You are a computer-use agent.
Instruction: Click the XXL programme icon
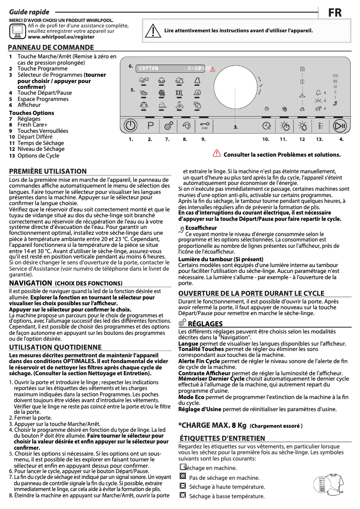(x=179, y=93)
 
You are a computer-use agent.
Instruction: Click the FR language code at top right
(x=334, y=13)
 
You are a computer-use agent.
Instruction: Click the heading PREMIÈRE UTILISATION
(x=48, y=171)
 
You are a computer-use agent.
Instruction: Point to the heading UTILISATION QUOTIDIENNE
(x=55, y=347)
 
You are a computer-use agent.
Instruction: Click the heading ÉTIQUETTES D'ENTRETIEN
(x=222, y=438)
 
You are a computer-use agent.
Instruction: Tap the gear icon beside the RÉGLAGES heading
(x=182, y=323)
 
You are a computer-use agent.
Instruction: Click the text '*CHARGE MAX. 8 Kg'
(x=212, y=425)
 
